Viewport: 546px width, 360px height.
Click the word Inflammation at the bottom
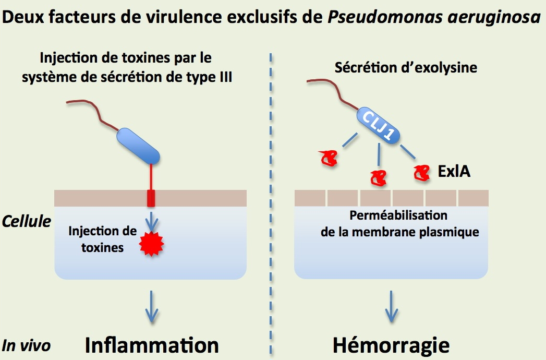click(x=152, y=345)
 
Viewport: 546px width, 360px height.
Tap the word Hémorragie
click(x=391, y=345)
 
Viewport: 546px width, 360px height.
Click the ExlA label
click(x=454, y=171)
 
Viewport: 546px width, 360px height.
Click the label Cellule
click(x=27, y=221)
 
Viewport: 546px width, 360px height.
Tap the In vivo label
click(x=26, y=345)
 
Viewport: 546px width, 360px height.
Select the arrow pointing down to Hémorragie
click(x=391, y=307)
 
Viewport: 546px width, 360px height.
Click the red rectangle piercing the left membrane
click(x=151, y=198)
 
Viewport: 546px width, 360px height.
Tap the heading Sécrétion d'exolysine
click(x=406, y=68)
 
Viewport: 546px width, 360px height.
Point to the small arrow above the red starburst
click(x=151, y=220)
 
